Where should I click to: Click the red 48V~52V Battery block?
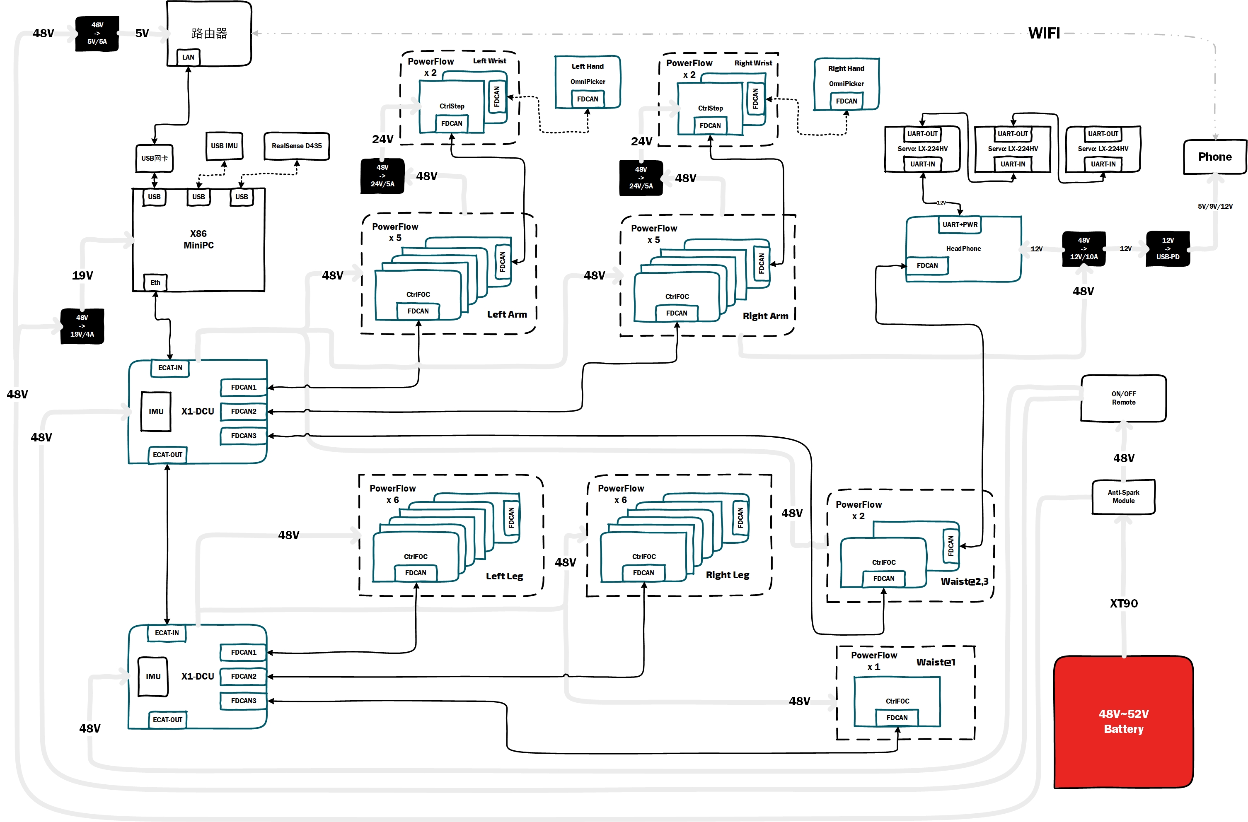point(1123,721)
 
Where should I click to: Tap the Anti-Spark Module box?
point(1123,497)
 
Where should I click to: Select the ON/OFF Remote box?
point(1123,398)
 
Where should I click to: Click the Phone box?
point(1214,157)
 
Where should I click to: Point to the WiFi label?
point(1043,34)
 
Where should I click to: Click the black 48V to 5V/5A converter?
point(97,34)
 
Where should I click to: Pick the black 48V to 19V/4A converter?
point(82,326)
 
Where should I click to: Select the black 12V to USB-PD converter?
point(1168,248)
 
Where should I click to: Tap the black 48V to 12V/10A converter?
point(1084,248)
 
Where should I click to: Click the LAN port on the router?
point(188,57)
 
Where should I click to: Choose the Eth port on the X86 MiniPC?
point(155,282)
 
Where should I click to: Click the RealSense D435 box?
point(297,146)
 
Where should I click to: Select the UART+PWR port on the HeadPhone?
point(960,224)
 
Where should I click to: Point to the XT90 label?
point(1124,603)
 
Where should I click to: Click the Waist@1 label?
point(936,662)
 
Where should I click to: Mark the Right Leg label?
point(727,575)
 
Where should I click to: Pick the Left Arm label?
point(507,315)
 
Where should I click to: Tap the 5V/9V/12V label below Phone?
point(1215,206)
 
